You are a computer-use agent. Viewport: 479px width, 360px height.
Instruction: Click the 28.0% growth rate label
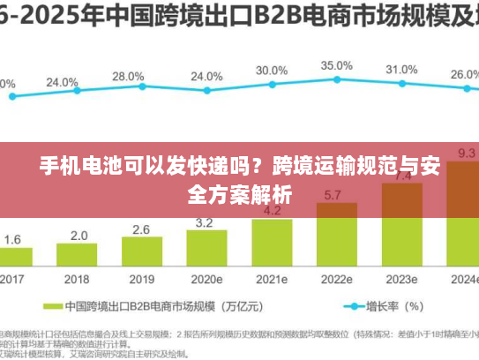pos(128,77)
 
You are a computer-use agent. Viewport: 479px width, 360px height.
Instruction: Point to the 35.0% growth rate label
pos(336,65)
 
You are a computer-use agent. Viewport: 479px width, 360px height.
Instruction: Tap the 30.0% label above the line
pos(272,70)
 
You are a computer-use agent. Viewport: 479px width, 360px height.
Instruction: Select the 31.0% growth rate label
pos(401,69)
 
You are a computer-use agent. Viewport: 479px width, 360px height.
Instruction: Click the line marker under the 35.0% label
pos(337,80)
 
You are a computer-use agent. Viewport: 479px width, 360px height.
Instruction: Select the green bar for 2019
pos(141,252)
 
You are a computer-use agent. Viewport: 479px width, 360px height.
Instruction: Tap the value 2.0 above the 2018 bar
pos(79,236)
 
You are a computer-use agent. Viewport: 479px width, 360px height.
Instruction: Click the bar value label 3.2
pos(204,222)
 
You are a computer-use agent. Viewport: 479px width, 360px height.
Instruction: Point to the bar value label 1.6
pos(13,239)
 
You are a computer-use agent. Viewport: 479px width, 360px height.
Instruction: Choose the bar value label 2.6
pos(141,229)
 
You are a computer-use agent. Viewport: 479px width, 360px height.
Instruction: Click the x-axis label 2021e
pos(272,279)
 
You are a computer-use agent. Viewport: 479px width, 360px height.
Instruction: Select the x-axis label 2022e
pos(336,279)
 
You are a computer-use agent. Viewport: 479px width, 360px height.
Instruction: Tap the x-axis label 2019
pos(141,279)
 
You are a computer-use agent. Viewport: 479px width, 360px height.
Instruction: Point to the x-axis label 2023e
pos(401,279)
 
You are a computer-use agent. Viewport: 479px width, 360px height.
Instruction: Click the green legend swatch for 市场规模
pos(51,307)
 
